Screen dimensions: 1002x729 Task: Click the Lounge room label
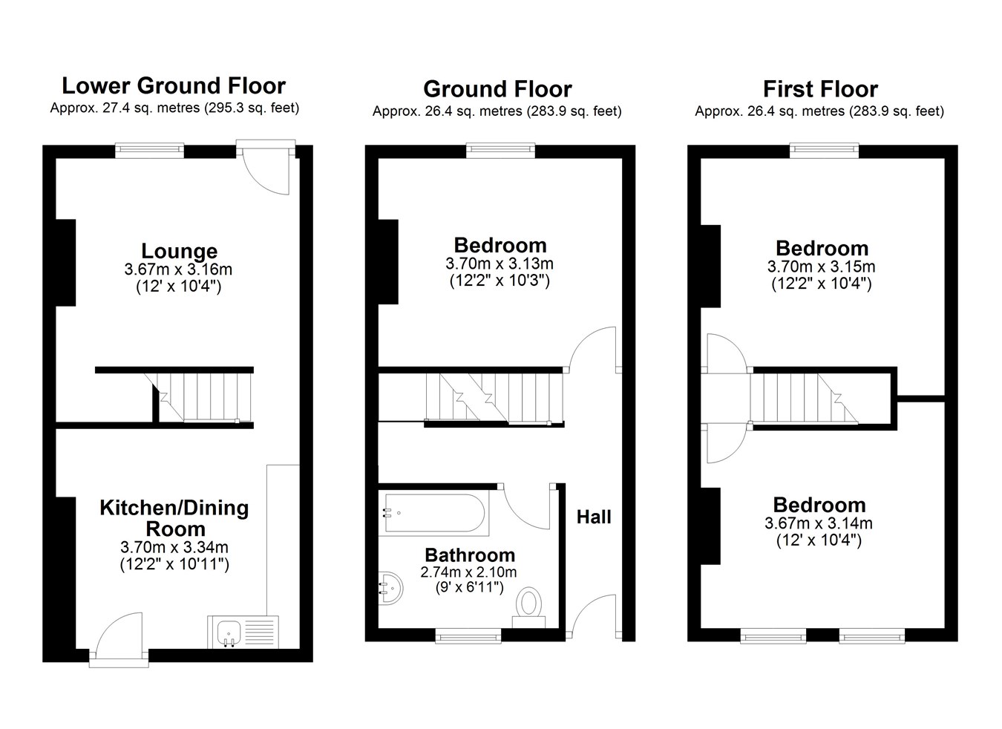click(x=180, y=251)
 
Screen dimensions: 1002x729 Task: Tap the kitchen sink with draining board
click(x=243, y=632)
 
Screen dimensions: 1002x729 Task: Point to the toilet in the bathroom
click(x=528, y=608)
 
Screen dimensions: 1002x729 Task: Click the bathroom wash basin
click(x=390, y=588)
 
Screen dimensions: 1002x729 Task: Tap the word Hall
click(x=594, y=517)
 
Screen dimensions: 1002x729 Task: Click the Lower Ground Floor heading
click(x=174, y=86)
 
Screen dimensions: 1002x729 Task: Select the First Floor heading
click(x=820, y=89)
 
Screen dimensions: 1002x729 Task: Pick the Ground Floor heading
click(x=497, y=89)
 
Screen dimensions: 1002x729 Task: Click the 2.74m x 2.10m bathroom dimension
click(x=468, y=572)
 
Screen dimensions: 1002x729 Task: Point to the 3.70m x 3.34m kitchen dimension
click(x=174, y=547)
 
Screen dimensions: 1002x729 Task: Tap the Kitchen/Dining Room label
click(x=174, y=519)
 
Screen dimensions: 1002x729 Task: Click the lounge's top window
click(x=149, y=151)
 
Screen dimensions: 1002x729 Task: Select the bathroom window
click(x=468, y=635)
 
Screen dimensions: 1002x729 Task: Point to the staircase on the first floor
click(x=804, y=398)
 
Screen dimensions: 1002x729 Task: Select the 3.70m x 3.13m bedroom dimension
click(x=500, y=264)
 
